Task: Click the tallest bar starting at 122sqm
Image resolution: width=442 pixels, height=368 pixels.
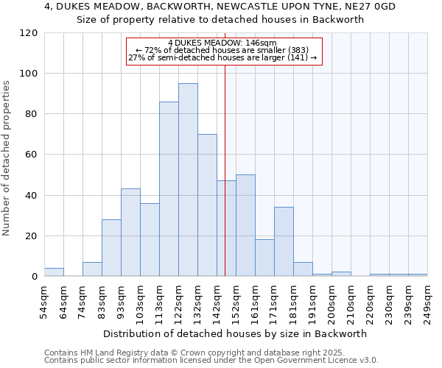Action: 188,180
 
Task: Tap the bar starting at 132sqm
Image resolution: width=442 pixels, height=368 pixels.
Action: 207,205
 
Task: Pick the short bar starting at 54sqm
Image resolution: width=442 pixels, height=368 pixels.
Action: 54,272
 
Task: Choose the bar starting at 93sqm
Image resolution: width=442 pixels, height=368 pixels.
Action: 130,233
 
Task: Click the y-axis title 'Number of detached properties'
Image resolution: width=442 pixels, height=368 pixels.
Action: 8,158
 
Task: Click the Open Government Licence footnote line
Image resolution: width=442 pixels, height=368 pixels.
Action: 211,361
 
